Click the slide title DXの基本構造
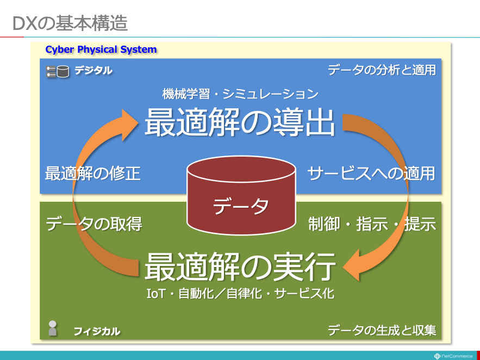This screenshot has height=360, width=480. [70, 24]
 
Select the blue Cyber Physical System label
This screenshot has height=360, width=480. [101, 49]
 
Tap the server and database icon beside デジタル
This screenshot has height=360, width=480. [58, 71]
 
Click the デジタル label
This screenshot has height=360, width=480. [93, 70]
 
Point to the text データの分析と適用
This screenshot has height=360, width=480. [382, 70]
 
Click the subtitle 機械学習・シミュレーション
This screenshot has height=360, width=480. [240, 94]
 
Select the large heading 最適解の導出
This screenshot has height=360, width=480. [240, 122]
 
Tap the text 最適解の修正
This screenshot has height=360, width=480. [93, 173]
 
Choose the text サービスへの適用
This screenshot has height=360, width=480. [371, 173]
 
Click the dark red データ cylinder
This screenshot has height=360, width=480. [241, 196]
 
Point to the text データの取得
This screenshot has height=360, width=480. [94, 224]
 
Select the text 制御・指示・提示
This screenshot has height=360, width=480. [372, 224]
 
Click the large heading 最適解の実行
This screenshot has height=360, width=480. [240, 266]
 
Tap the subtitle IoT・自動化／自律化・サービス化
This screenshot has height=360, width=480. [240, 293]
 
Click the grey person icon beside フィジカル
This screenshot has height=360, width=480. [53, 328]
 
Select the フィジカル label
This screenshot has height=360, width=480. [97, 331]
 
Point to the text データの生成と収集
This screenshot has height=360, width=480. [382, 330]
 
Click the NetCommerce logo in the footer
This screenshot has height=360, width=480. [453, 356]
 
